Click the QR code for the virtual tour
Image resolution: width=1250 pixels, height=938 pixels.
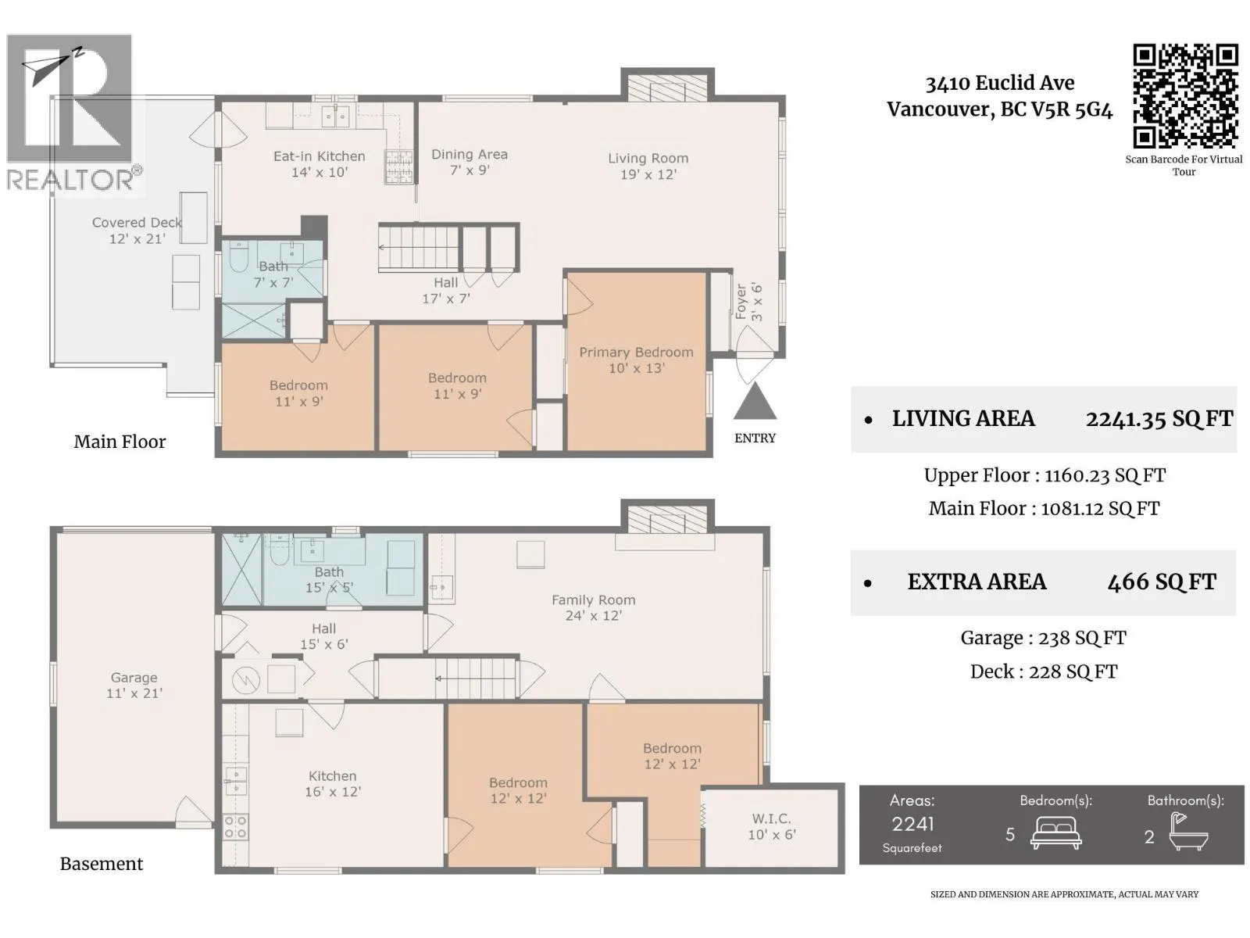tap(1184, 96)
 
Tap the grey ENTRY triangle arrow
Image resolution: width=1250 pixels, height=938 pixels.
tap(755, 402)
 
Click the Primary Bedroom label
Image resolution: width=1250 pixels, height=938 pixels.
tap(636, 353)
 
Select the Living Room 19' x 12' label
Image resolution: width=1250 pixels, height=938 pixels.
tap(648, 166)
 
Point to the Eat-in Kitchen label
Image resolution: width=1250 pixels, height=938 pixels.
tap(319, 156)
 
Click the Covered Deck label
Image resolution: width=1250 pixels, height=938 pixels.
tap(137, 223)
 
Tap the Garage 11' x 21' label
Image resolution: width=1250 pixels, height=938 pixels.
tap(134, 686)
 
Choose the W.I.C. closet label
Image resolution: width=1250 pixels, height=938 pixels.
tap(772, 819)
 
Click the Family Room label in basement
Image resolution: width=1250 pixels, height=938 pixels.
tap(594, 600)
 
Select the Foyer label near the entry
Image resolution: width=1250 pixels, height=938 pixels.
tap(741, 302)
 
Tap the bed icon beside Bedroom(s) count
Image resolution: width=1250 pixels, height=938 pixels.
tap(1055, 833)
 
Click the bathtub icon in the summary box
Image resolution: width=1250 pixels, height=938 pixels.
tap(1188, 832)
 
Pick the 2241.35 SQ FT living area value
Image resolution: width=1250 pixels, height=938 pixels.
tap(1159, 419)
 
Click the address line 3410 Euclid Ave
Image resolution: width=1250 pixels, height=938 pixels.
tap(1000, 83)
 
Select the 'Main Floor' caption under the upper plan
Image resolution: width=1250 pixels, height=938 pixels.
tap(120, 442)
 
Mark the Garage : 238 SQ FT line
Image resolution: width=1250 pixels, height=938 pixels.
tap(1043, 638)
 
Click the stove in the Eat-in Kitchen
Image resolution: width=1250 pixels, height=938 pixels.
tap(398, 166)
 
